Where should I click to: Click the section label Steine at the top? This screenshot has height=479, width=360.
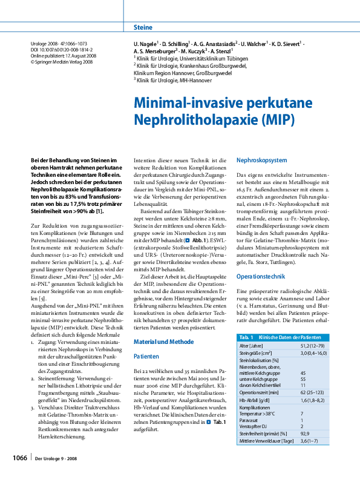143,28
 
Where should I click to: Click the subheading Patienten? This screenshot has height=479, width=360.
146,357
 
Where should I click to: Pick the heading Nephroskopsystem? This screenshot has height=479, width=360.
261,160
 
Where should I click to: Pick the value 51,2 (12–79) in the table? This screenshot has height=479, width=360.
314,345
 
